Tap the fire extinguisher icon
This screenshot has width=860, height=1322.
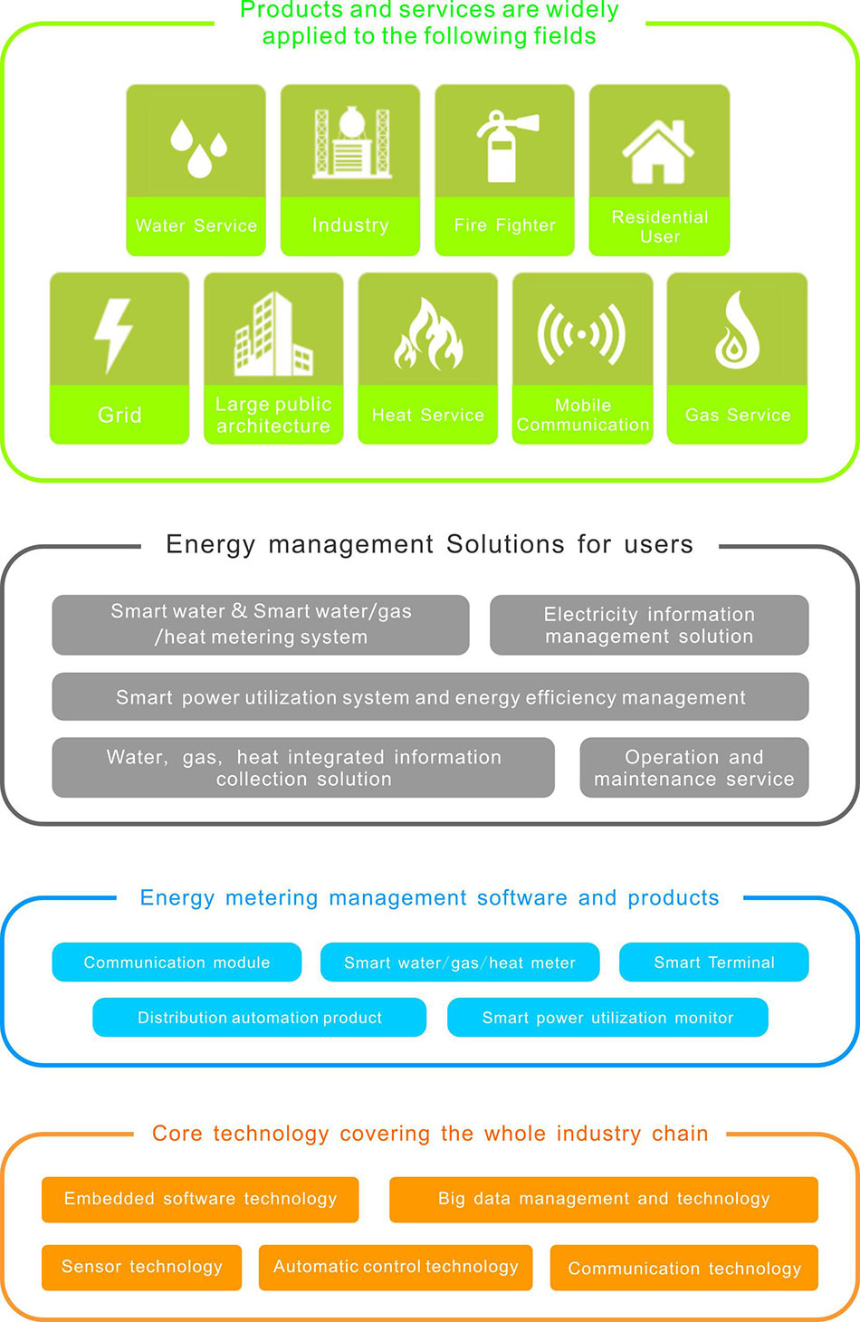pyautogui.click(x=505, y=145)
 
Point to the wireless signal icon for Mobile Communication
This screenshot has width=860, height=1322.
pyautogui.click(x=581, y=334)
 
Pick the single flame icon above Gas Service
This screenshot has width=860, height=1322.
pyautogui.click(x=737, y=330)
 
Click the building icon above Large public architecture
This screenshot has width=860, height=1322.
pyautogui.click(x=272, y=334)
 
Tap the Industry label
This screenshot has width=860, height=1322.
pyautogui.click(x=350, y=225)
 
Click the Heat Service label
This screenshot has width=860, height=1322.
pyautogui.click(x=427, y=415)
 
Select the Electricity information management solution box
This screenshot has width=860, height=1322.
pyautogui.click(x=649, y=625)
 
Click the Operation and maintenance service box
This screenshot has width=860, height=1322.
pyautogui.click(x=693, y=768)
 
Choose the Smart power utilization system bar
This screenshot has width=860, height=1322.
pyautogui.click(x=430, y=697)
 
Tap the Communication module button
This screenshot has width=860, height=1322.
pyautogui.click(x=177, y=963)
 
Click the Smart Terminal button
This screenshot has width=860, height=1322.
pyautogui.click(x=713, y=963)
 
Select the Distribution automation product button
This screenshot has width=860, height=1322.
pyautogui.click(x=259, y=1018)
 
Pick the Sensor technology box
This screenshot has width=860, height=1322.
pyautogui.click(x=141, y=1267)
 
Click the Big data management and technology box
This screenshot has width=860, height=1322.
pyautogui.click(x=603, y=1199)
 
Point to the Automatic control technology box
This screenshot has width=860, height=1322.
pyautogui.click(x=396, y=1267)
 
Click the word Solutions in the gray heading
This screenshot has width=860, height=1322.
pyautogui.click(x=504, y=544)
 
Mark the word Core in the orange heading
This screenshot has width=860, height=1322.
pyautogui.click(x=177, y=1134)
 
